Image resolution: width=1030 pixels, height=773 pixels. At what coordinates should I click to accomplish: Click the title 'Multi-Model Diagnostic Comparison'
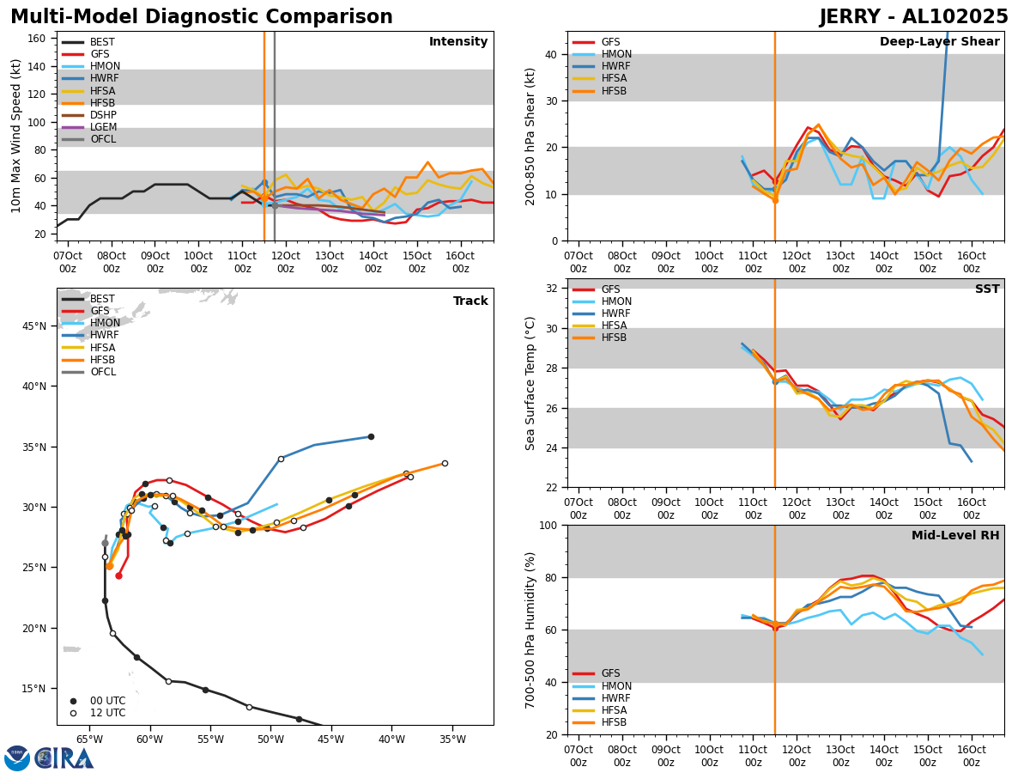(202, 17)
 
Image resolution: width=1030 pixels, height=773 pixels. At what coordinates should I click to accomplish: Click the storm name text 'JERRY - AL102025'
(913, 17)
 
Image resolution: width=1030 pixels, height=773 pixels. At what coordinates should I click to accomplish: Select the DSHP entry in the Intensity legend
(103, 115)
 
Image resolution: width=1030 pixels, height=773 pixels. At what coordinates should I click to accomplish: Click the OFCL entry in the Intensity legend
(103, 139)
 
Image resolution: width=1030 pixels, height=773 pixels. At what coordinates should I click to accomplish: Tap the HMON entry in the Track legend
(105, 323)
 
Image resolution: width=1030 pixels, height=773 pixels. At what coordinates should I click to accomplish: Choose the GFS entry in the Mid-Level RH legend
(610, 674)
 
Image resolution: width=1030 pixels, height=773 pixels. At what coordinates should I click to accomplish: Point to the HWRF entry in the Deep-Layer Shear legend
(615, 67)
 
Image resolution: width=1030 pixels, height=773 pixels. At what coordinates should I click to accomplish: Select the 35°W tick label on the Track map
(453, 740)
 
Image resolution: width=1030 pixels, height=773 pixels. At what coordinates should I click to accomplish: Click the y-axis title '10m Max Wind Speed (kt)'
(15, 136)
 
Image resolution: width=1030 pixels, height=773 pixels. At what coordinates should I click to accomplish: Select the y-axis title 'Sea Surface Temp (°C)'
(530, 383)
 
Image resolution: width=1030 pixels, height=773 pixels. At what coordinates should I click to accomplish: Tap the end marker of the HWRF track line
(371, 436)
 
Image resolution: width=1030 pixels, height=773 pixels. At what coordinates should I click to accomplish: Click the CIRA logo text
(65, 758)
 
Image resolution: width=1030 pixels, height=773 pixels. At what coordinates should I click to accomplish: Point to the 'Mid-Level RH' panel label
(955, 536)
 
